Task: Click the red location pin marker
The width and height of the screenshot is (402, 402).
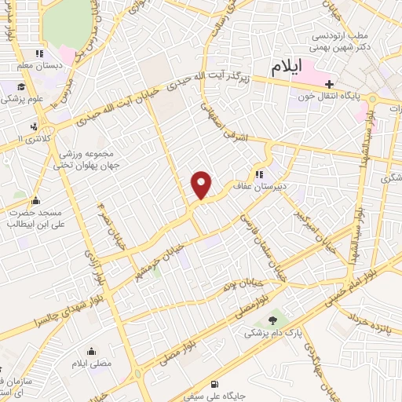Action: pyautogui.click(x=202, y=185)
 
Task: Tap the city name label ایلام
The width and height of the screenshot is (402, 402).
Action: pyautogui.click(x=287, y=68)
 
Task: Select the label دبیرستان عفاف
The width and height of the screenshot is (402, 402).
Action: pyautogui.click(x=285, y=176)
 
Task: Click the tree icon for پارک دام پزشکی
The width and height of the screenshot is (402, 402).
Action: pyautogui.click(x=272, y=320)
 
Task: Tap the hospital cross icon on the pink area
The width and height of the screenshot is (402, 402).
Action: pyautogui.click(x=330, y=84)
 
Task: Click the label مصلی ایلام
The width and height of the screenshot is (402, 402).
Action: pyautogui.click(x=93, y=364)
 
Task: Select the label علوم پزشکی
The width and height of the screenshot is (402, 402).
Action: pyautogui.click(x=23, y=100)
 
